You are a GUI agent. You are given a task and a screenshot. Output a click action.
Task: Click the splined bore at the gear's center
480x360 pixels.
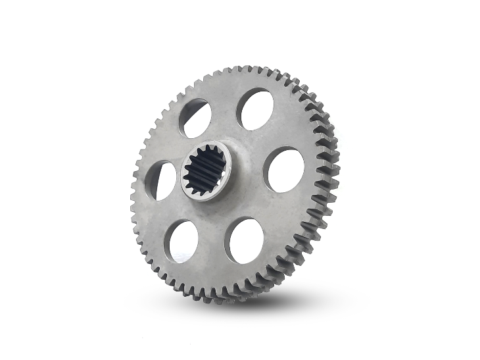[204, 173]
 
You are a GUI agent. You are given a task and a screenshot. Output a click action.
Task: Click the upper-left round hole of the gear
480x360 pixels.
[195, 118]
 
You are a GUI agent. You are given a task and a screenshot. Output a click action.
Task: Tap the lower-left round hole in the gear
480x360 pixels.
[183, 242]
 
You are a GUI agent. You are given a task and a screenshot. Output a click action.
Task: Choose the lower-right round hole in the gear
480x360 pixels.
[246, 240]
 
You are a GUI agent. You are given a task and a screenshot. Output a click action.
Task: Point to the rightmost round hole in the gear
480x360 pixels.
[284, 170]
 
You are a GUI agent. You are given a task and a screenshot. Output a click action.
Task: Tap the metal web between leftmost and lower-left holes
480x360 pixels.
[167, 214]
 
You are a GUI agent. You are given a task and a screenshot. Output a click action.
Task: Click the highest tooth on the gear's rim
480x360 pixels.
[245, 68]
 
